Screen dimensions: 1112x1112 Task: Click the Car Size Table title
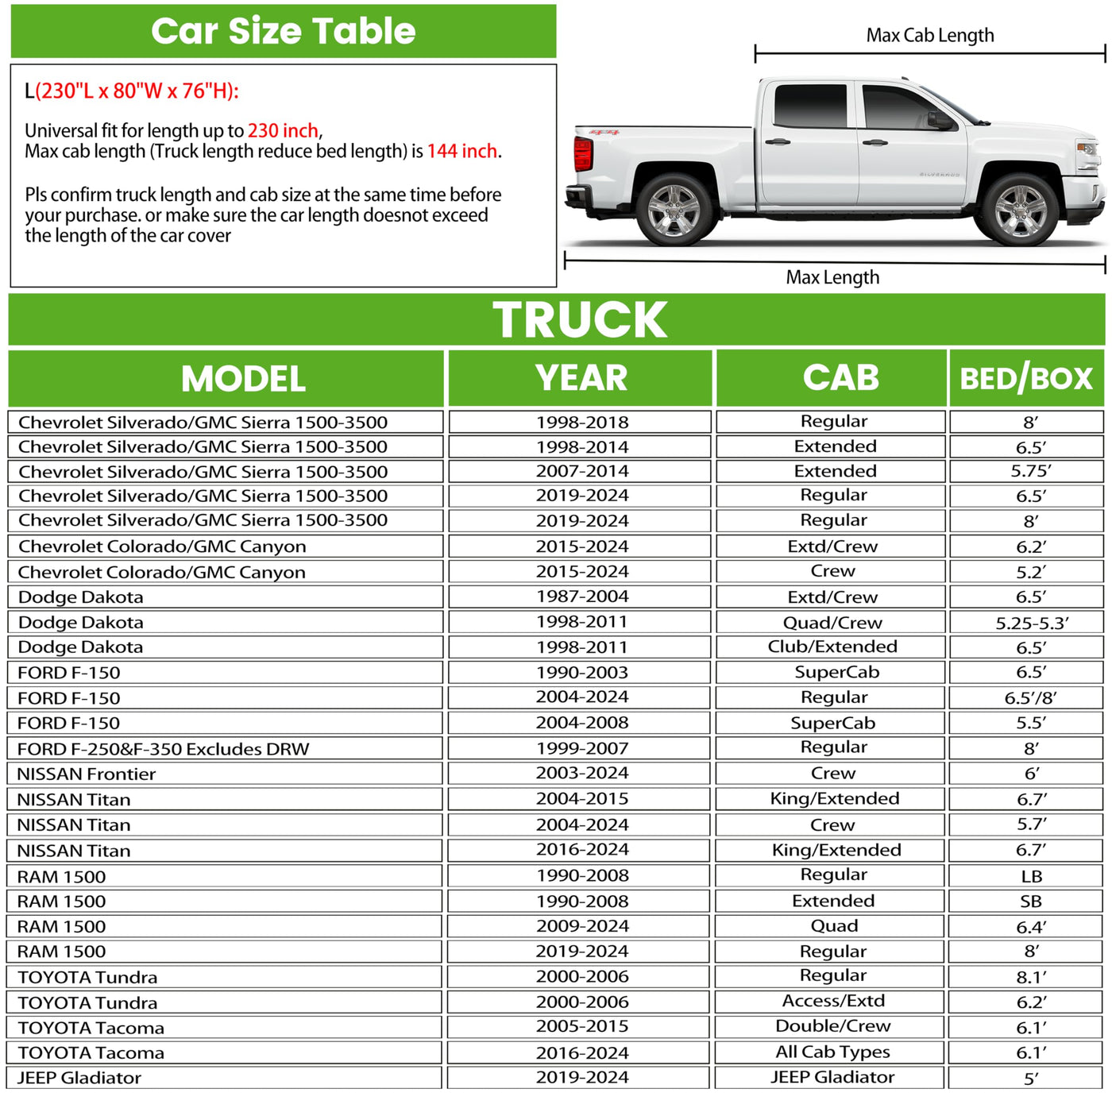point(283,31)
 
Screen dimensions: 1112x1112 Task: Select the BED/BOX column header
point(1026,379)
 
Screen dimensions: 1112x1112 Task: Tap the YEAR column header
point(581,378)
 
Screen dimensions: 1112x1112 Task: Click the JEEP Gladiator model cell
point(79,1078)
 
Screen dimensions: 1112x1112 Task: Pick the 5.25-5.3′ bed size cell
point(1031,623)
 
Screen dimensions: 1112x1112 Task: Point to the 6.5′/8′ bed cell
point(1030,698)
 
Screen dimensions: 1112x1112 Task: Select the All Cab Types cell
point(832,1052)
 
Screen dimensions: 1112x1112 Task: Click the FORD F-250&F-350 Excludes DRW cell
point(163,749)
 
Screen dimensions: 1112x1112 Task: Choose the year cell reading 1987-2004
point(581,597)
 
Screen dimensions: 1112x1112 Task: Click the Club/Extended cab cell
point(832,647)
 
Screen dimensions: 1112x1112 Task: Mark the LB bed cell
point(1031,876)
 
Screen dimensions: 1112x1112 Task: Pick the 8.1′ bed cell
point(1031,977)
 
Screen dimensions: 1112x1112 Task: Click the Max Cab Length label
point(929,36)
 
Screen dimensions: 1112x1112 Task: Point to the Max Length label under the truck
point(832,277)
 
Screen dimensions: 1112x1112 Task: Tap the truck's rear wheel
point(674,210)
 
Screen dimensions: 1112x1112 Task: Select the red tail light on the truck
point(583,153)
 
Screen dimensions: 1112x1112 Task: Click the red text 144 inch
point(462,151)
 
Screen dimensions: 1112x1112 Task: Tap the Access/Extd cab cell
point(832,1002)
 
